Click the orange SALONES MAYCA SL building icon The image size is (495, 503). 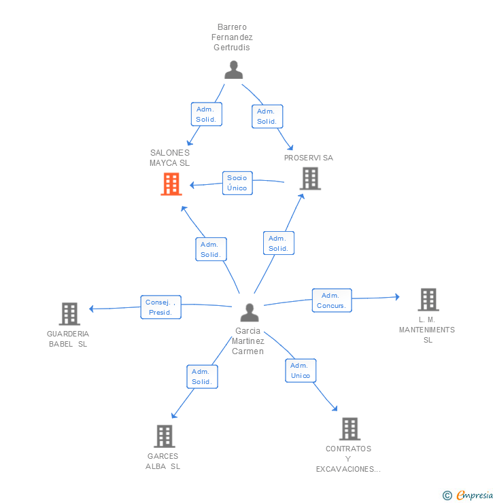click(171, 184)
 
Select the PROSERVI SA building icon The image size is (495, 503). click(310, 178)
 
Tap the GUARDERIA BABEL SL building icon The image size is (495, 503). click(69, 313)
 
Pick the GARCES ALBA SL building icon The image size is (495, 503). click(164, 436)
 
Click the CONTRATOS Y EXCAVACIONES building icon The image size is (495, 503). click(349, 428)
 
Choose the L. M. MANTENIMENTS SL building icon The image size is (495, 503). click(428, 299)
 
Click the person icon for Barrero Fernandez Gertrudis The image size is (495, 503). click(233, 70)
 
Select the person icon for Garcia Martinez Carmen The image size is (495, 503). click(250, 313)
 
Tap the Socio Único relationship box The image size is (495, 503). click(237, 183)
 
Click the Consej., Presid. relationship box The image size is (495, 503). click(161, 307)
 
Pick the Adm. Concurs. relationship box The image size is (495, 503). click(332, 300)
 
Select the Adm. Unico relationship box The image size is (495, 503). click(301, 370)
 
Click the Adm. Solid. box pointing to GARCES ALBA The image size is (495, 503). click(202, 377)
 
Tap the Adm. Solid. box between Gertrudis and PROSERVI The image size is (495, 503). click(267, 116)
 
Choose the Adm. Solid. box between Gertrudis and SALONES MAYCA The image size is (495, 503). click(206, 114)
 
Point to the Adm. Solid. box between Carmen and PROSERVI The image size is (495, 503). click(278, 243)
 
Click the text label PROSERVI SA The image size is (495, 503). click(309, 158)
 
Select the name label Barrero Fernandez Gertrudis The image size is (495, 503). click(232, 37)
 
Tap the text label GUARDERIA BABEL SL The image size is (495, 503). click(68, 339)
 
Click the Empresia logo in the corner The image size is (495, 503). click(468, 495)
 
